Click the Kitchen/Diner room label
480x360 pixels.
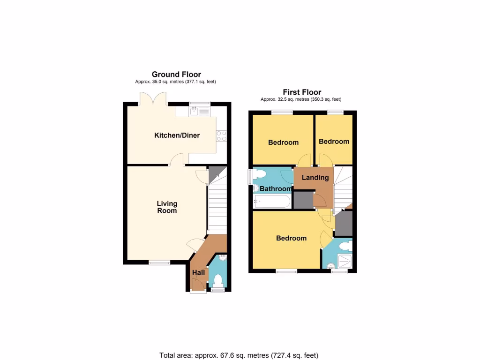pyautogui.click(x=177, y=135)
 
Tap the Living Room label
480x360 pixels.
pyautogui.click(x=167, y=207)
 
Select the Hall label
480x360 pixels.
pyautogui.click(x=198, y=272)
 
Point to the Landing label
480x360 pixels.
pyautogui.click(x=315, y=178)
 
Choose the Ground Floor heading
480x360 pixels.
pyautogui.click(x=176, y=74)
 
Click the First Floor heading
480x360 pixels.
pyautogui.click(x=302, y=92)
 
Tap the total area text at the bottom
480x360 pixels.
pyautogui.click(x=239, y=355)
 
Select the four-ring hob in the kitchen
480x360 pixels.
pyautogui.click(x=221, y=135)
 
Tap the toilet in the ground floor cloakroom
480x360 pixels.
pyautogui.click(x=217, y=280)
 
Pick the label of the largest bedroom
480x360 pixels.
pyautogui.click(x=291, y=238)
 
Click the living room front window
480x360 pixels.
pyautogui.click(x=160, y=262)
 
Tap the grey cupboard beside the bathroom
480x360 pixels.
pyautogui.click(x=302, y=200)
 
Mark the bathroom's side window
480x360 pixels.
pyautogui.click(x=250, y=178)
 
